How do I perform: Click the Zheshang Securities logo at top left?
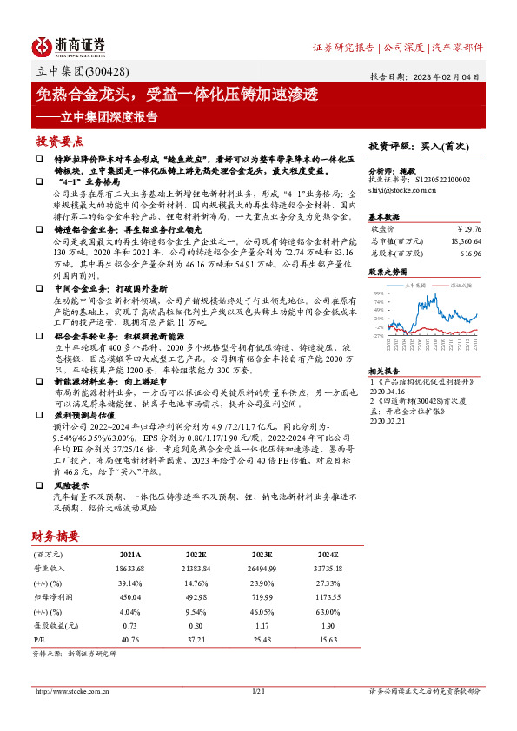click(69, 45)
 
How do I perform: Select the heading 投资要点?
click(59, 141)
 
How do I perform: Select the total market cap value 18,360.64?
click(462, 240)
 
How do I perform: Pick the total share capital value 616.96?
click(469, 253)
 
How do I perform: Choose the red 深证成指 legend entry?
click(458, 283)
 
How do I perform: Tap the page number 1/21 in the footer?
click(257, 691)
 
